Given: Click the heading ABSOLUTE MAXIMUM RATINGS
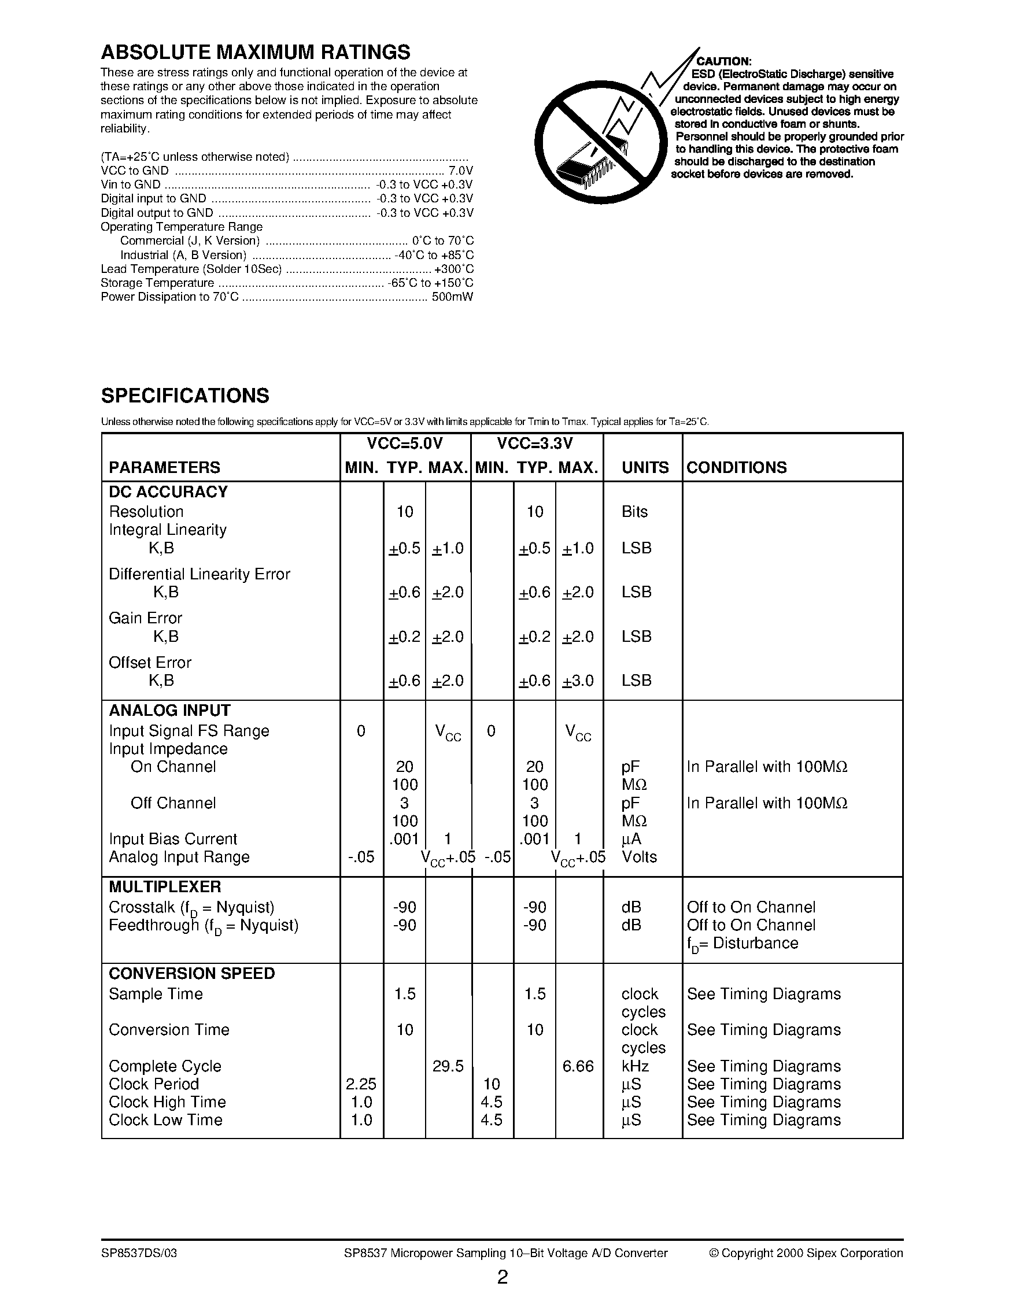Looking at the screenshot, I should click(255, 53).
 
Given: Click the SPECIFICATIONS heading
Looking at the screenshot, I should click(184, 396).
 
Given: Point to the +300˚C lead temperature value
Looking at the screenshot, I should click(454, 269).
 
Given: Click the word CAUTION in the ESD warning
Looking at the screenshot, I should click(723, 61).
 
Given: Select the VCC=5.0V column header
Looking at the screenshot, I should click(405, 444).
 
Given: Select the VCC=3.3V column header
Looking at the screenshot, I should click(535, 444).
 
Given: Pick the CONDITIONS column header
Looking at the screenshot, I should click(736, 468).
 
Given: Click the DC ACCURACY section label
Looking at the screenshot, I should click(168, 492).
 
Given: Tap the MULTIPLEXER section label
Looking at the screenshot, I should click(164, 887).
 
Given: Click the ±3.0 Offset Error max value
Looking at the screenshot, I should click(578, 681).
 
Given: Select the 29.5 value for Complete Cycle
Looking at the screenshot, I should click(448, 1066).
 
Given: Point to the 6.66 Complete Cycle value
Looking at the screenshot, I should click(578, 1066).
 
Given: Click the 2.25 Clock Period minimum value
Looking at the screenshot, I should click(361, 1084).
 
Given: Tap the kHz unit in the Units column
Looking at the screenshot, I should click(635, 1066).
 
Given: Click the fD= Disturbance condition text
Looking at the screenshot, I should click(742, 944).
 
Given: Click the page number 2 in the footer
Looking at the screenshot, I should click(502, 1278).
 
